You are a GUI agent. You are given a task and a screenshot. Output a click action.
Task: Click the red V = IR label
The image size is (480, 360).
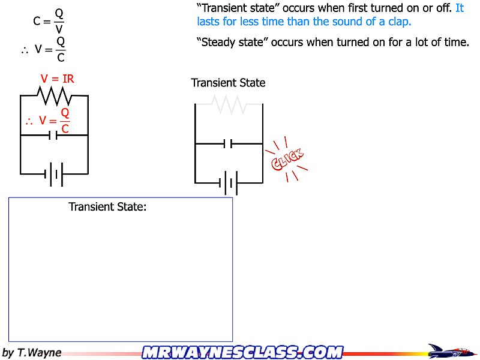point(57,79)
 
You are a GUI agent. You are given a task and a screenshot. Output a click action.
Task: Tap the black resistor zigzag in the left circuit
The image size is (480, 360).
point(55,95)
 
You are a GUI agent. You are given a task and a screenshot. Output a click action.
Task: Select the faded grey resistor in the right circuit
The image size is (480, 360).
point(228,104)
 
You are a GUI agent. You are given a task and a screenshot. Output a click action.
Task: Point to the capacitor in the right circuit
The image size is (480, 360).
point(228,144)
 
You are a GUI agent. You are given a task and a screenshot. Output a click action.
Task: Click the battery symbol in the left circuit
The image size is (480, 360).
point(53,174)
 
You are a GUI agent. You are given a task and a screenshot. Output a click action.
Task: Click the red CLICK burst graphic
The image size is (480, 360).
point(288,160)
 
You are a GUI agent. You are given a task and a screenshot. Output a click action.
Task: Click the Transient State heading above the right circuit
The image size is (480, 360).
point(228,83)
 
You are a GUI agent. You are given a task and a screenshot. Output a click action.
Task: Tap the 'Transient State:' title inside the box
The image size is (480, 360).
point(108,207)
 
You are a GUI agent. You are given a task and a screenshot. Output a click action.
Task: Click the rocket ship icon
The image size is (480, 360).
point(451,351)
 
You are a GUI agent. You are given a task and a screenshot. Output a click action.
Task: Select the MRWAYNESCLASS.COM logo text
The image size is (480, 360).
point(242,352)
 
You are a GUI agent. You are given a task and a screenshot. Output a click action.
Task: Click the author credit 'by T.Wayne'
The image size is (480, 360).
point(32,353)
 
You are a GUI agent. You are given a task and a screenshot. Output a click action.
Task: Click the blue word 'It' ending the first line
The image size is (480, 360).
point(460,9)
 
